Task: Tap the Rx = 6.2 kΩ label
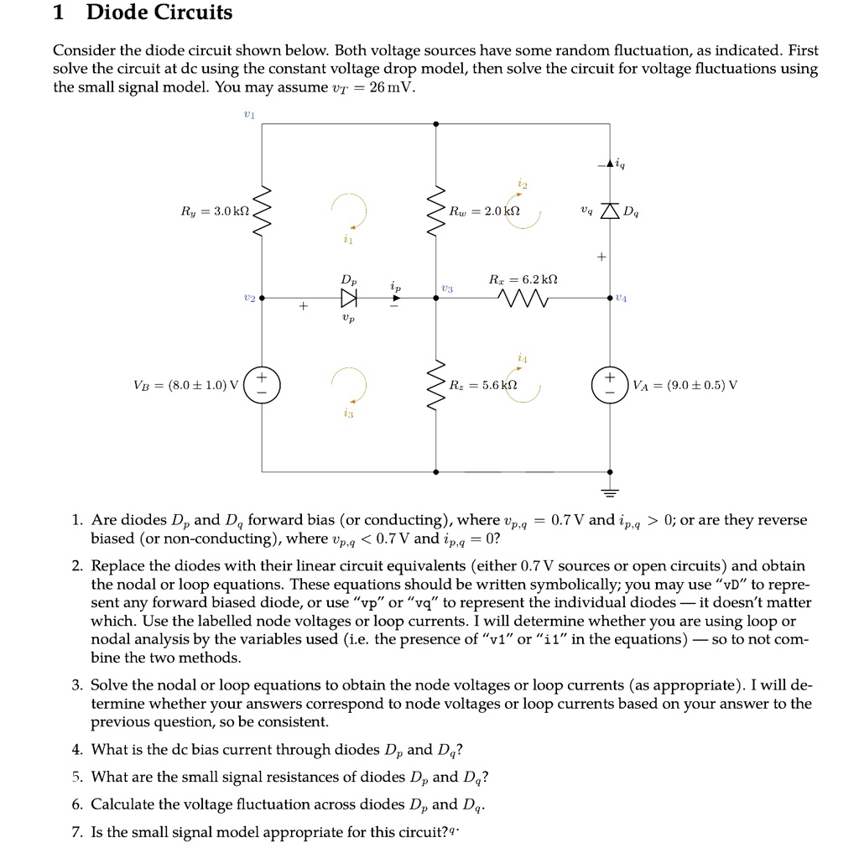tap(523, 278)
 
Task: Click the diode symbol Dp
tap(348, 298)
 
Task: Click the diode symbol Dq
tap(610, 211)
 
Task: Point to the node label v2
tap(248, 298)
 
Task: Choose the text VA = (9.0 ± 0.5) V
tap(685, 386)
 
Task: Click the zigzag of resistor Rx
tap(523, 298)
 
